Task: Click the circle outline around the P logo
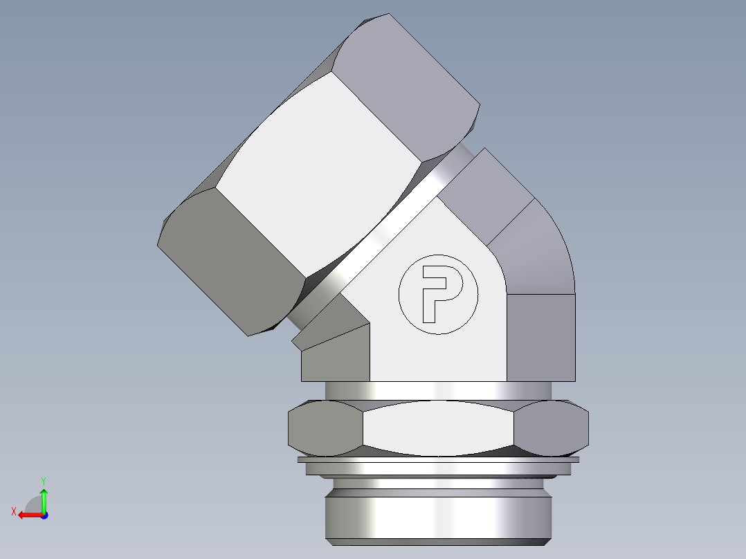click(x=399, y=294)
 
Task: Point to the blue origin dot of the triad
click(x=44, y=515)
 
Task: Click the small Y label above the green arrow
click(x=43, y=480)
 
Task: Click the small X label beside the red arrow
click(x=13, y=511)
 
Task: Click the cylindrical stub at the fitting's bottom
click(x=438, y=512)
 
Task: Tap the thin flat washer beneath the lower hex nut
click(x=438, y=459)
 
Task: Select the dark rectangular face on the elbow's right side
click(x=541, y=338)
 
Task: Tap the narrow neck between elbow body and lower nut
click(x=438, y=391)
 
